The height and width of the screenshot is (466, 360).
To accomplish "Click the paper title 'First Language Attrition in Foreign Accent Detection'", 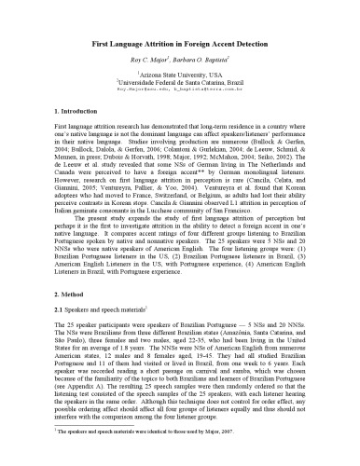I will (180, 44).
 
